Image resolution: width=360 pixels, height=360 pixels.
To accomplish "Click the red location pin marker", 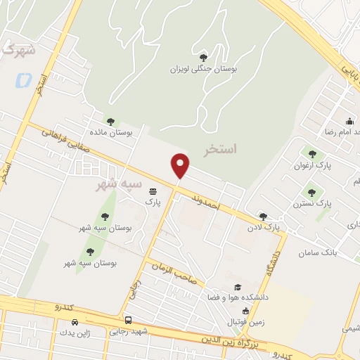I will point(181,165).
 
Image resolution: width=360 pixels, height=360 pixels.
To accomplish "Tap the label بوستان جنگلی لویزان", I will point(204,70).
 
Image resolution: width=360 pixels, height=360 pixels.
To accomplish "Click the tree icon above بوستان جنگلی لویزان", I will point(204,58).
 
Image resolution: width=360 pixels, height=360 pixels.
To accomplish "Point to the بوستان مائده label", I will point(111,132).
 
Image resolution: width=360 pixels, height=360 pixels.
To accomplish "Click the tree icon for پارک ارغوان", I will point(312,154).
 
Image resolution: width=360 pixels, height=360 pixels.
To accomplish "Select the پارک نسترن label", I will point(314,203).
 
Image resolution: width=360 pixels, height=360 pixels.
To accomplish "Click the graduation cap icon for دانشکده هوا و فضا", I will point(238,287).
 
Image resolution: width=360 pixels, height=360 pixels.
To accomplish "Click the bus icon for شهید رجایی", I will point(127,319).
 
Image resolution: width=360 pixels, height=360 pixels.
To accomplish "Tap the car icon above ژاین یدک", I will point(75,321).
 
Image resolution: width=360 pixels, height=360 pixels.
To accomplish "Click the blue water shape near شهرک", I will point(23,79).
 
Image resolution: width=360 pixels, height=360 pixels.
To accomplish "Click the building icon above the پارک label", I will point(153,190).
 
